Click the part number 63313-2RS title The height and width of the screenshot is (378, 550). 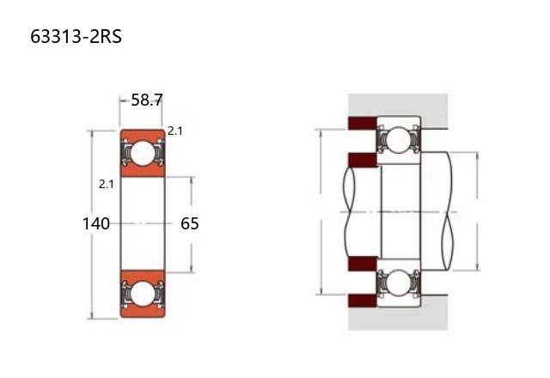coord(76,36)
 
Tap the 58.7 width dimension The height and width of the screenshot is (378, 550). coord(147,101)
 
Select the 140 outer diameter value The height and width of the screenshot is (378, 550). coord(95,223)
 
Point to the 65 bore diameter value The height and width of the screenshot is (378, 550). coord(190,223)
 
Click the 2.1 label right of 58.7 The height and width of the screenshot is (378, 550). coord(175,131)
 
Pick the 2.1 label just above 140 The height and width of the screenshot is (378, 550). coord(107,184)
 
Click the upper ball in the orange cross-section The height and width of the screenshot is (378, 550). coord(143,153)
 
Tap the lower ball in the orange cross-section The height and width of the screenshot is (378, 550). coord(143,294)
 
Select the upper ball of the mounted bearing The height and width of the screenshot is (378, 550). coord(399,141)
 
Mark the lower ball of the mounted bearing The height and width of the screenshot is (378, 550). coord(399,282)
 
